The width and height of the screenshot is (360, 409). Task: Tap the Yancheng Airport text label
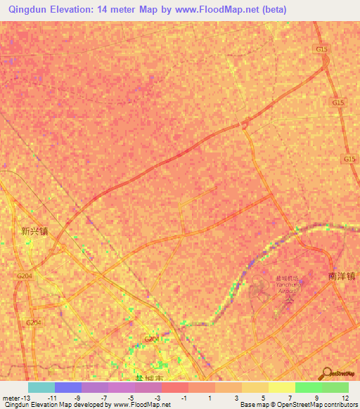point(287,286)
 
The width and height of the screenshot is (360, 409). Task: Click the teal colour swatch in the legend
point(41,387)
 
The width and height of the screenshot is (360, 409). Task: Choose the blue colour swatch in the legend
point(67,387)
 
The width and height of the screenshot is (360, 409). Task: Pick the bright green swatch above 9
point(308,387)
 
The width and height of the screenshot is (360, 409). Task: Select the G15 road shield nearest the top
point(322,49)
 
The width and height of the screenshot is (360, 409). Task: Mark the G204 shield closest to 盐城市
point(150,339)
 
